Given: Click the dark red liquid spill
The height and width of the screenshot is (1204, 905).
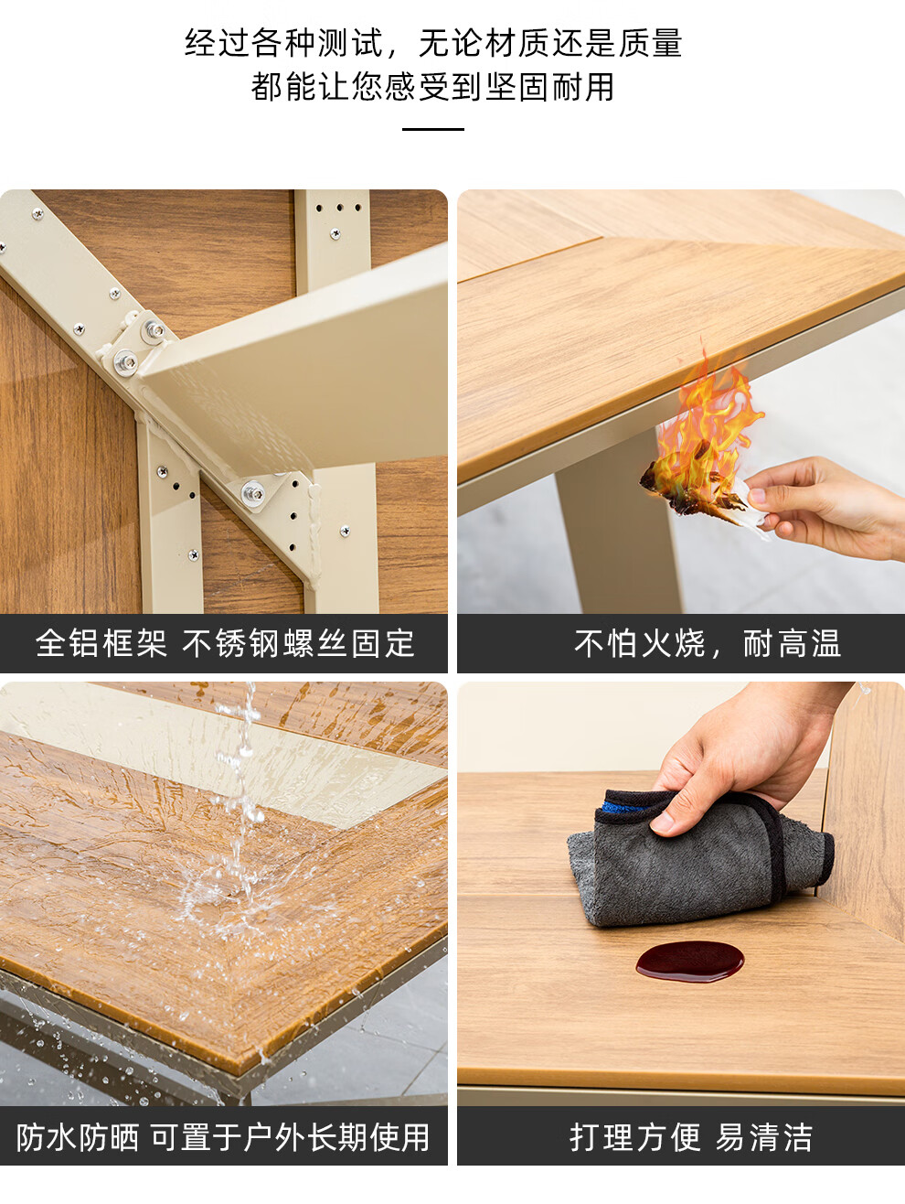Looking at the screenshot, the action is tap(689, 962).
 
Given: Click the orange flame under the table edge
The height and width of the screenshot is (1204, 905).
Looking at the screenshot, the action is tap(707, 423).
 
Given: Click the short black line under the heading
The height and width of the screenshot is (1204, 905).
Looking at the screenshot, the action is tap(433, 129).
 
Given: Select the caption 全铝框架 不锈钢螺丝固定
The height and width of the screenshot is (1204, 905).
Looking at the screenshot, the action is tap(225, 643).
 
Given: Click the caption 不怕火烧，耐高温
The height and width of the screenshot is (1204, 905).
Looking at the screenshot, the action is tap(708, 643).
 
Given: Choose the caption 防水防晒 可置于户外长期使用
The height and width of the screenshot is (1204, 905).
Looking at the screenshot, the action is tap(223, 1138).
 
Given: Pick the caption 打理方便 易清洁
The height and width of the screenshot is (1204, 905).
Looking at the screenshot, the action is tap(690, 1138).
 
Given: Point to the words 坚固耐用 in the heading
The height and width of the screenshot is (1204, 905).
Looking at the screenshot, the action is tap(549, 87).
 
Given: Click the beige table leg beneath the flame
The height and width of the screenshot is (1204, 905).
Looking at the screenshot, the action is tap(619, 527).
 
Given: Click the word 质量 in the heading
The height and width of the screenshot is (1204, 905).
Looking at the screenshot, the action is tap(650, 43).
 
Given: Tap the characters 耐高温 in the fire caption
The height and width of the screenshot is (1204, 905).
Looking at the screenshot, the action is tap(793, 643).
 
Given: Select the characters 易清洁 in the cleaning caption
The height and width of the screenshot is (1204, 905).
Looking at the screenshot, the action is tap(763, 1138).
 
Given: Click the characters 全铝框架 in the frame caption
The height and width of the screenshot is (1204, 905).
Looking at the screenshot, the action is tap(101, 643).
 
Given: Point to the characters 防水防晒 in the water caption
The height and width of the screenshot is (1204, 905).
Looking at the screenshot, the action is tap(77, 1138).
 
